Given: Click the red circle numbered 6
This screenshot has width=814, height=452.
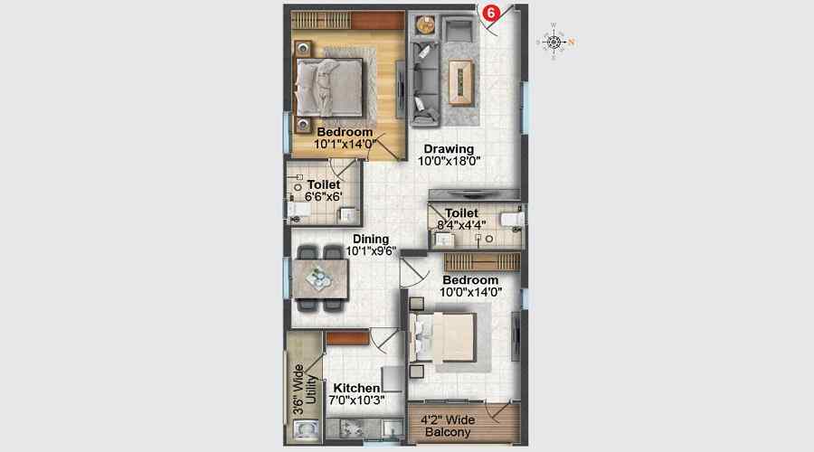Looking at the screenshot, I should point(491,14).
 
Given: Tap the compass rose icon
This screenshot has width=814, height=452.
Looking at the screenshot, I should point(554,40).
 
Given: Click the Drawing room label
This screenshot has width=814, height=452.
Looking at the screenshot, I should point(449,149).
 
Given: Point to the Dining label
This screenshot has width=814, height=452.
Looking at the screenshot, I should point(371,240).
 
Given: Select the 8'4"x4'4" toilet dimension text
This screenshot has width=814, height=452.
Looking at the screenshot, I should point(461,224).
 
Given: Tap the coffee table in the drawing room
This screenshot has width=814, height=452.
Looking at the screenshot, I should point(460,78).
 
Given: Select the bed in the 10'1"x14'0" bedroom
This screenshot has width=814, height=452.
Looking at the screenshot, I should point(331,87).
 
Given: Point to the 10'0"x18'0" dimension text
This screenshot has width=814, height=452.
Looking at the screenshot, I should point(449,162).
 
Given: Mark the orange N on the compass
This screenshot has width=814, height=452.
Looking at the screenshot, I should point(572,41).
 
